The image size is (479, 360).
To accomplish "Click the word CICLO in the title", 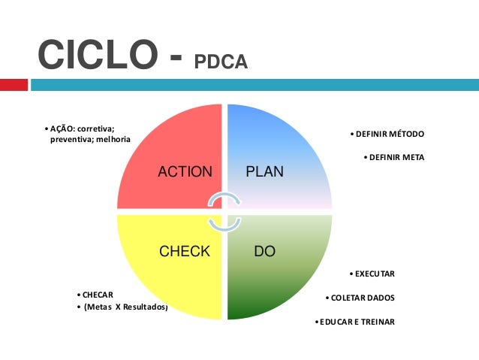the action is point(98,54).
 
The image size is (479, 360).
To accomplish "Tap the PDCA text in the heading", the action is point(221,62).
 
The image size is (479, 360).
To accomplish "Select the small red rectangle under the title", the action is point(14,85).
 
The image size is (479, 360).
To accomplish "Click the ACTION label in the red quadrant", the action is point(185,171).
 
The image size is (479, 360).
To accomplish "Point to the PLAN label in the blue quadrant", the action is point(264,171).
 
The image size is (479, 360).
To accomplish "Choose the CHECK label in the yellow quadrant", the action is point(185,251).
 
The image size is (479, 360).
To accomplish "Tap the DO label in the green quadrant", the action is point(264,251).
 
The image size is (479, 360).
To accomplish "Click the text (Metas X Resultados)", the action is point(126,307).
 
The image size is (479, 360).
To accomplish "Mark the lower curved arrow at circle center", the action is point(224,225).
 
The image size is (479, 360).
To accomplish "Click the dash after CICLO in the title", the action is point(176,57).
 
